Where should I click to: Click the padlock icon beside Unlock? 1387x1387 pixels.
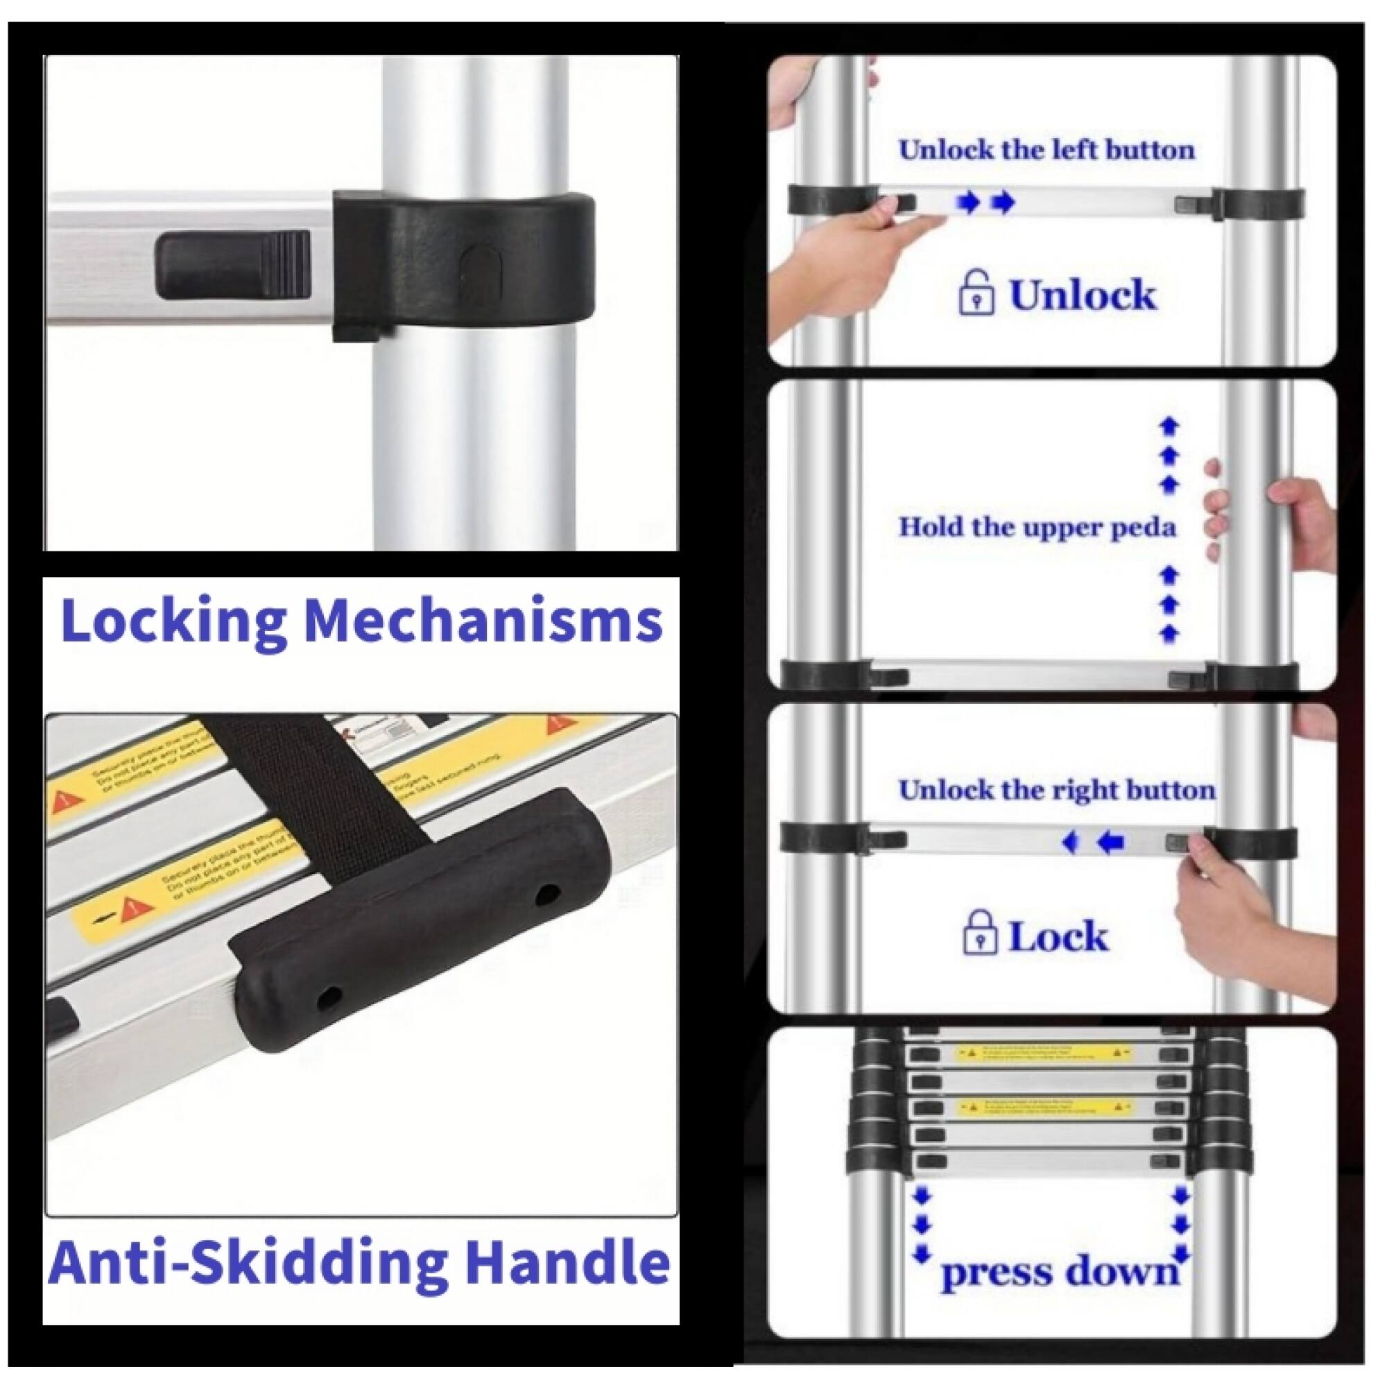977,291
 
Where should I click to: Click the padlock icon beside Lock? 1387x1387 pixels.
980,933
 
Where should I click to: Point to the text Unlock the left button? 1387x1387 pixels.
1046,150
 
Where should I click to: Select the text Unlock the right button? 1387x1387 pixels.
1057,791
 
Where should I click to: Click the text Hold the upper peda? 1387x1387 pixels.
1037,527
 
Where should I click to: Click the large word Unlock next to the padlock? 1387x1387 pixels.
1083,294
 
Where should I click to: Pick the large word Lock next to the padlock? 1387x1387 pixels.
1059,936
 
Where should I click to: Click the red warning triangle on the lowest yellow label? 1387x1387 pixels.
130,910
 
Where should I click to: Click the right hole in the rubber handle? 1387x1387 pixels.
549,894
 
